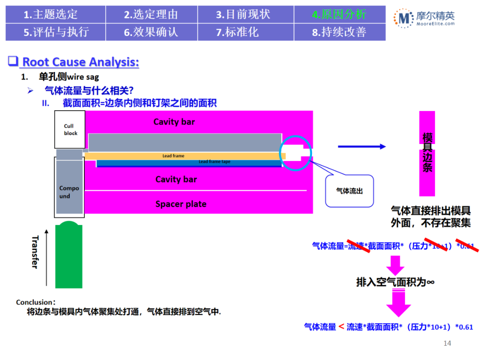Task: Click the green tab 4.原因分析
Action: [339, 14]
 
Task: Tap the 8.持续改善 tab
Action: [339, 32]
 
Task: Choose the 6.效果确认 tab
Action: [151, 32]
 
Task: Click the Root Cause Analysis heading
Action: [80, 62]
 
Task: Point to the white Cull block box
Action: [70, 129]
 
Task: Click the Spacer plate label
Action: [181, 204]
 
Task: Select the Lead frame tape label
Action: [214, 162]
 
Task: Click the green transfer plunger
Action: [69, 256]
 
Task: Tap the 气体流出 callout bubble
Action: [349, 191]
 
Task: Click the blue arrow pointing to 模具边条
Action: [362, 146]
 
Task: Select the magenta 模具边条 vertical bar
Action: [427, 153]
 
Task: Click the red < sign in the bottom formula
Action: [341, 327]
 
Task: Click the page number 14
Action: [448, 343]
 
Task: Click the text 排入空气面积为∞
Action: [395, 282]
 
